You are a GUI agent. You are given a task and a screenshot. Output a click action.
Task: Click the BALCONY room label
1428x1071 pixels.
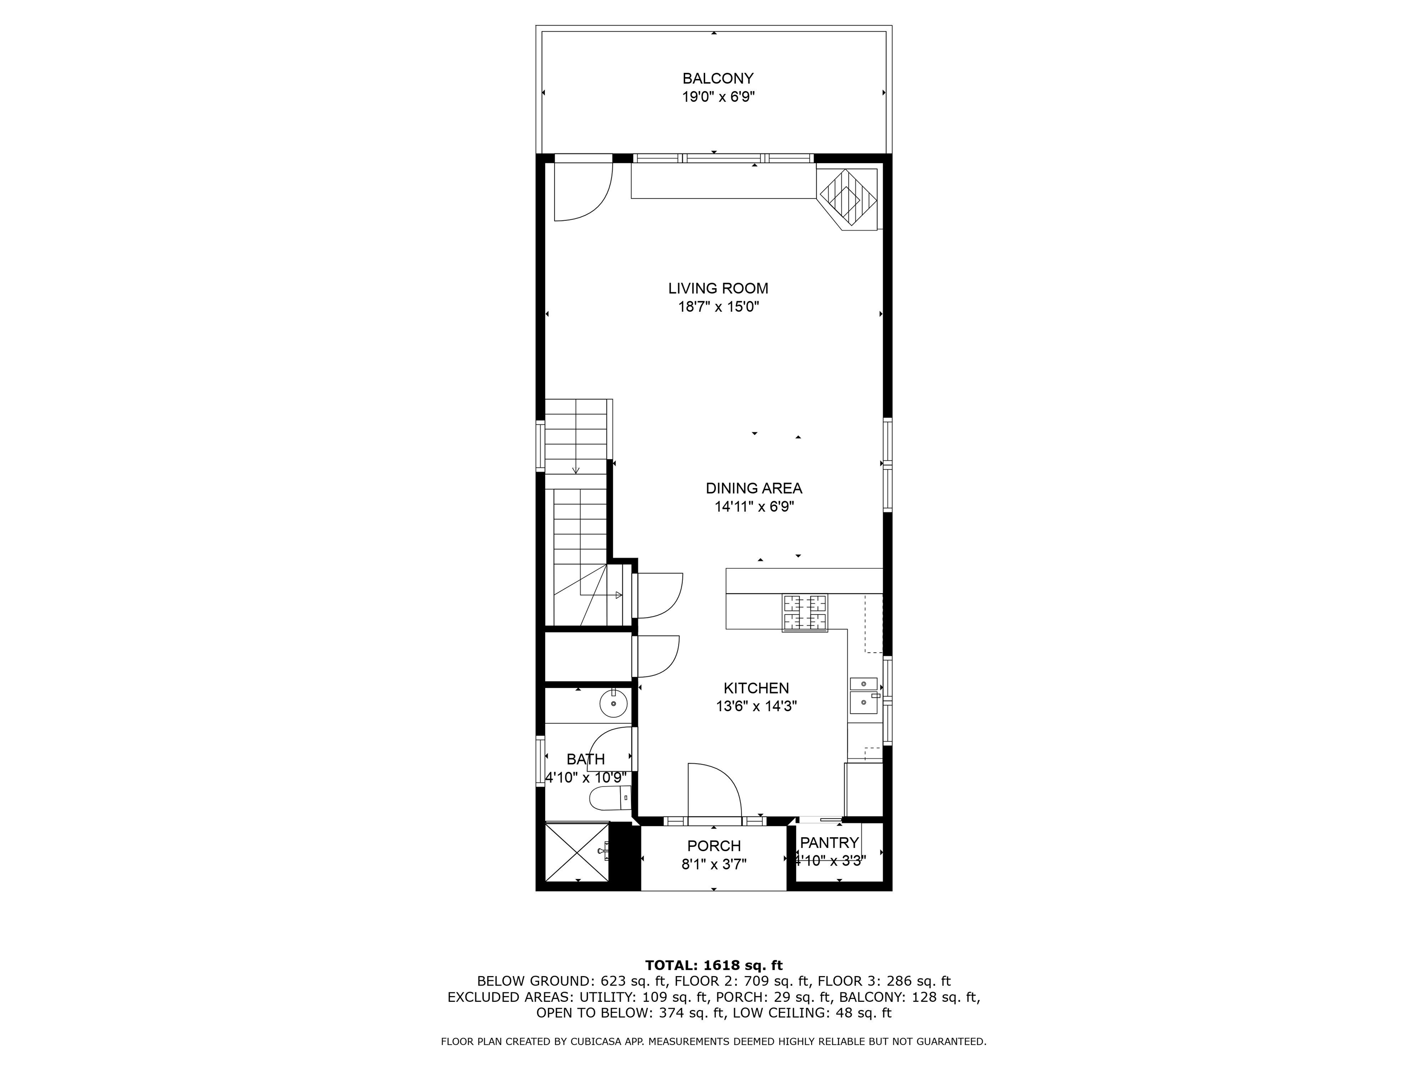718,79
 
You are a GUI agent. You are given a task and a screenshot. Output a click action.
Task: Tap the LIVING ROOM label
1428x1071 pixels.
718,289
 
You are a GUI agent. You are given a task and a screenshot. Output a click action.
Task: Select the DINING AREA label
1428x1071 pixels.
754,489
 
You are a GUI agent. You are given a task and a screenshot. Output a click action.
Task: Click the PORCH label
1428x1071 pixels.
714,846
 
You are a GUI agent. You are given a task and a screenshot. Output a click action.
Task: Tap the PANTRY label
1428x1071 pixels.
830,842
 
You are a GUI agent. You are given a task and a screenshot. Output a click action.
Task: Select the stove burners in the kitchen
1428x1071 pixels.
805,613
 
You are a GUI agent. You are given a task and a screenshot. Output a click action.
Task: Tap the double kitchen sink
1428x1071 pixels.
864,695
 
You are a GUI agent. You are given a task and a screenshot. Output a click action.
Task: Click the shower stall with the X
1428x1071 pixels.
577,852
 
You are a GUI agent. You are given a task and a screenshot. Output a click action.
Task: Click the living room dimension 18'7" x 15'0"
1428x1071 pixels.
718,307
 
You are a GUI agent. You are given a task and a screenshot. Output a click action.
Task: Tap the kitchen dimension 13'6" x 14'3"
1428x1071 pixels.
756,706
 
